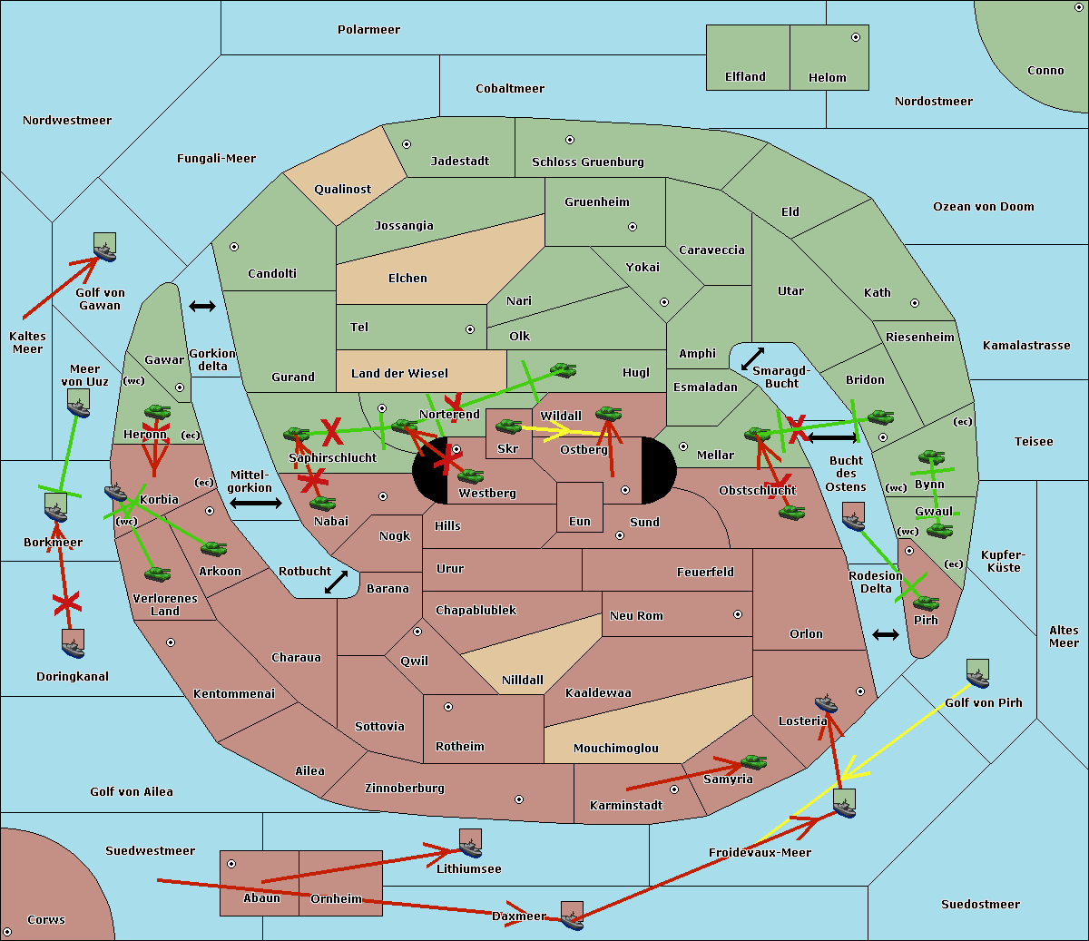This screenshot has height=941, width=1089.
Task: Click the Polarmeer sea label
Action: click(368, 30)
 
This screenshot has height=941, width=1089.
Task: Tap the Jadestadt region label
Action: click(459, 162)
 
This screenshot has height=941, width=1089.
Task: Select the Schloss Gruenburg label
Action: click(587, 162)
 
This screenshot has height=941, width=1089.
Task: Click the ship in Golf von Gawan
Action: click(105, 247)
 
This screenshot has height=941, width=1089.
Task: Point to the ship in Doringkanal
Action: click(74, 643)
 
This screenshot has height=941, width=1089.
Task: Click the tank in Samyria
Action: click(753, 762)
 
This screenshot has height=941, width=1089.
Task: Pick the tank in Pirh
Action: click(926, 603)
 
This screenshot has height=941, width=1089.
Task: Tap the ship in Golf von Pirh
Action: click(977, 674)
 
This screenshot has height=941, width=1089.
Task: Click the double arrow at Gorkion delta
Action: click(202, 307)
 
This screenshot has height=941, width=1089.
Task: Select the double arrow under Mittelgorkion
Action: click(255, 503)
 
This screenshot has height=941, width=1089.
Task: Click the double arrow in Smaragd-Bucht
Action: click(752, 358)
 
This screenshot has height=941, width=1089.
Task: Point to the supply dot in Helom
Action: click(855, 37)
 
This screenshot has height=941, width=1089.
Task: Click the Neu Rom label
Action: click(636, 616)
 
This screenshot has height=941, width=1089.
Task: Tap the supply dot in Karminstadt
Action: click(674, 789)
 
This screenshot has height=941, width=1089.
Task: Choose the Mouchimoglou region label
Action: click(615, 749)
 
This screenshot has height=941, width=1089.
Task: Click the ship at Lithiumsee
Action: click(470, 844)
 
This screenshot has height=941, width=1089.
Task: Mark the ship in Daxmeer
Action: click(572, 916)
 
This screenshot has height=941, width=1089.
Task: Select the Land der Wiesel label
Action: click(399, 373)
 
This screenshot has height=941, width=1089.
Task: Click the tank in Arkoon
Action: click(213, 548)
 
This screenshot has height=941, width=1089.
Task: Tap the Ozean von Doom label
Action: click(983, 207)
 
